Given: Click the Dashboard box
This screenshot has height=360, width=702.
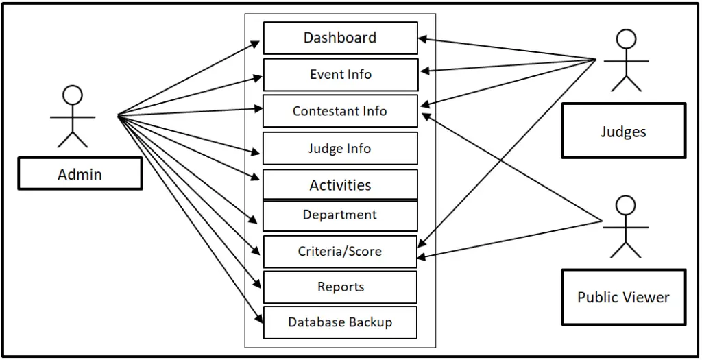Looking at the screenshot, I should pyautogui.click(x=340, y=38).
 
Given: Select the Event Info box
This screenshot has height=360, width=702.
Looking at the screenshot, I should pyautogui.click(x=340, y=74).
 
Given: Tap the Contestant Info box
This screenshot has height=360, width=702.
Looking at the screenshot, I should pyautogui.click(x=340, y=111).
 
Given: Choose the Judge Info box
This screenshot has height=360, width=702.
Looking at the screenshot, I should pyautogui.click(x=340, y=148).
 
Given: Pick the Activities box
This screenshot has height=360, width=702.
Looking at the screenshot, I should pyautogui.click(x=340, y=184).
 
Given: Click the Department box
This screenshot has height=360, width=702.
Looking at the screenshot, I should pyautogui.click(x=340, y=215).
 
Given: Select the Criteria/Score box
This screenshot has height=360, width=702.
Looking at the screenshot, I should pyautogui.click(x=340, y=252).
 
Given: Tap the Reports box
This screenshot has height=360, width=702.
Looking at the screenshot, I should pyautogui.click(x=340, y=287).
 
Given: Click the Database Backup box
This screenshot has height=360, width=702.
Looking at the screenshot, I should pyautogui.click(x=340, y=322).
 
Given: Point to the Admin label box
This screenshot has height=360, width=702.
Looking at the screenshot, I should pyautogui.click(x=80, y=174).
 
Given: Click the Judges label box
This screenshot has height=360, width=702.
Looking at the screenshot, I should pyautogui.click(x=623, y=131).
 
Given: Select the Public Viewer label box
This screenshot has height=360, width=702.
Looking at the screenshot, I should pyautogui.click(x=623, y=297).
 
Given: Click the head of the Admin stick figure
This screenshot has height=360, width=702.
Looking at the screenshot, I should pyautogui.click(x=72, y=95).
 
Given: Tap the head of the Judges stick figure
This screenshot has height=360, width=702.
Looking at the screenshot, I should pyautogui.click(x=626, y=38).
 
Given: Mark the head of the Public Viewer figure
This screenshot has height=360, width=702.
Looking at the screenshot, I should pyautogui.click(x=625, y=205).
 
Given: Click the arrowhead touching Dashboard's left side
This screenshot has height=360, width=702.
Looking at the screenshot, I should pyautogui.click(x=256, y=43).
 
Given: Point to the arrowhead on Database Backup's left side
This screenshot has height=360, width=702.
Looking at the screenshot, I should pyautogui.click(x=258, y=318).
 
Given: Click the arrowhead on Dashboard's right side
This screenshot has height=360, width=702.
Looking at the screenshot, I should pyautogui.click(x=423, y=39).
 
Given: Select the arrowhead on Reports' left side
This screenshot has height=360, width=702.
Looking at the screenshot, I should pyautogui.click(x=258, y=282).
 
